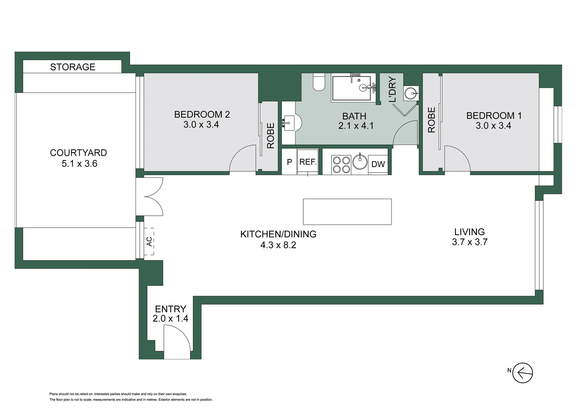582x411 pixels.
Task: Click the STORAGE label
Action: (72, 67)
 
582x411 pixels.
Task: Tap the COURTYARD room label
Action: (78, 153)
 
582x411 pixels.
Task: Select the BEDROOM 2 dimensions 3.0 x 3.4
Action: (201, 125)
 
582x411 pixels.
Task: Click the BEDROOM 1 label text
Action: (494, 115)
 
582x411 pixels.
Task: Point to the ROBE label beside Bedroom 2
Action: (270, 135)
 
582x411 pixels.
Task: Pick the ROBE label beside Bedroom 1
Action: (431, 120)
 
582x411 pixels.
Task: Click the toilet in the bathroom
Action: (319, 82)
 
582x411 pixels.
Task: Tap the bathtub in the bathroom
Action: (351, 88)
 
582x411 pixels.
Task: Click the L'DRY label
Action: (392, 89)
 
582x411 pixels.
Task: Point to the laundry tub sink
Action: (411, 93)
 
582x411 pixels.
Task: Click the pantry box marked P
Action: (289, 162)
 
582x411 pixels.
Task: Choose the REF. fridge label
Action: (308, 162)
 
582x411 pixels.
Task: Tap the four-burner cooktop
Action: (341, 165)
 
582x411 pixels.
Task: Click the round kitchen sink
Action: (360, 162)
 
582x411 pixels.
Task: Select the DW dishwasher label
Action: (378, 164)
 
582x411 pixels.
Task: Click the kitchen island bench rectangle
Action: (347, 212)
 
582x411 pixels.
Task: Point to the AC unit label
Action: (149, 241)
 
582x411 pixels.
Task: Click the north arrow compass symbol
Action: (522, 373)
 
